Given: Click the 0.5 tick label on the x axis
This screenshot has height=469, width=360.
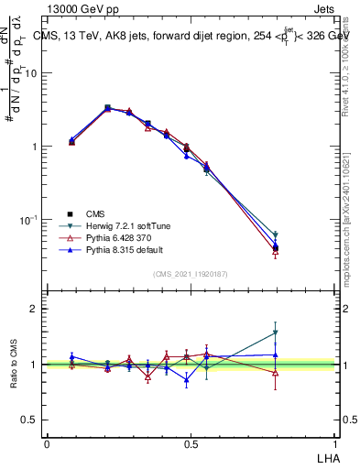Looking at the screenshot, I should tap(191, 442).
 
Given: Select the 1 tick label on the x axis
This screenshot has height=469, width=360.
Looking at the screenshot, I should tap(334, 442).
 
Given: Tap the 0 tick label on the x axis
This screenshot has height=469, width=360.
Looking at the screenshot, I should tap(47, 442).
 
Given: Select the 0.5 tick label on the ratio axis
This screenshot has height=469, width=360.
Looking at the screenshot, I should tap(31, 420).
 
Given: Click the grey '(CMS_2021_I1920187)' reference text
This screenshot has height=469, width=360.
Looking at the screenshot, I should tap(191, 273).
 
